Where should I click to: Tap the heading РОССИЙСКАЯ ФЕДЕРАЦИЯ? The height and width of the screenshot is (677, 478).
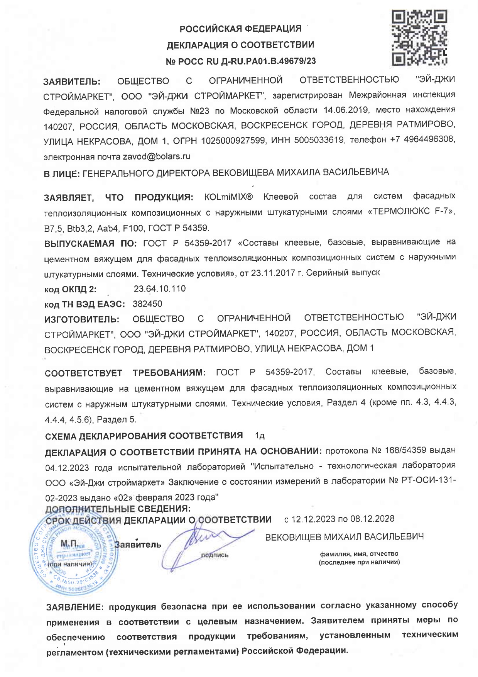click(241, 29)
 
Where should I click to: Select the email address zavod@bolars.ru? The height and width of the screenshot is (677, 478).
click(156, 156)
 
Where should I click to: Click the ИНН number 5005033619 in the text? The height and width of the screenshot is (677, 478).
click(319, 140)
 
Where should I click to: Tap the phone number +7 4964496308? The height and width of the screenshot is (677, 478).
click(422, 139)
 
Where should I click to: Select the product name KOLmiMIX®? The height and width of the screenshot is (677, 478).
click(228, 197)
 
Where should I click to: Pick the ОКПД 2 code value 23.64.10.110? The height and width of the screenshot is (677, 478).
click(159, 288)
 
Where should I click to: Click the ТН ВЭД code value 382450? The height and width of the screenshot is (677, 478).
click(147, 304)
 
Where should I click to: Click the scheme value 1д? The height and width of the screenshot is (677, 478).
click(260, 436)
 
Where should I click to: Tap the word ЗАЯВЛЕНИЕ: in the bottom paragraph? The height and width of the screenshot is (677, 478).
click(75, 607)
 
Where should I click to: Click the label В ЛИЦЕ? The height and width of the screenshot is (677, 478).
click(62, 174)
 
